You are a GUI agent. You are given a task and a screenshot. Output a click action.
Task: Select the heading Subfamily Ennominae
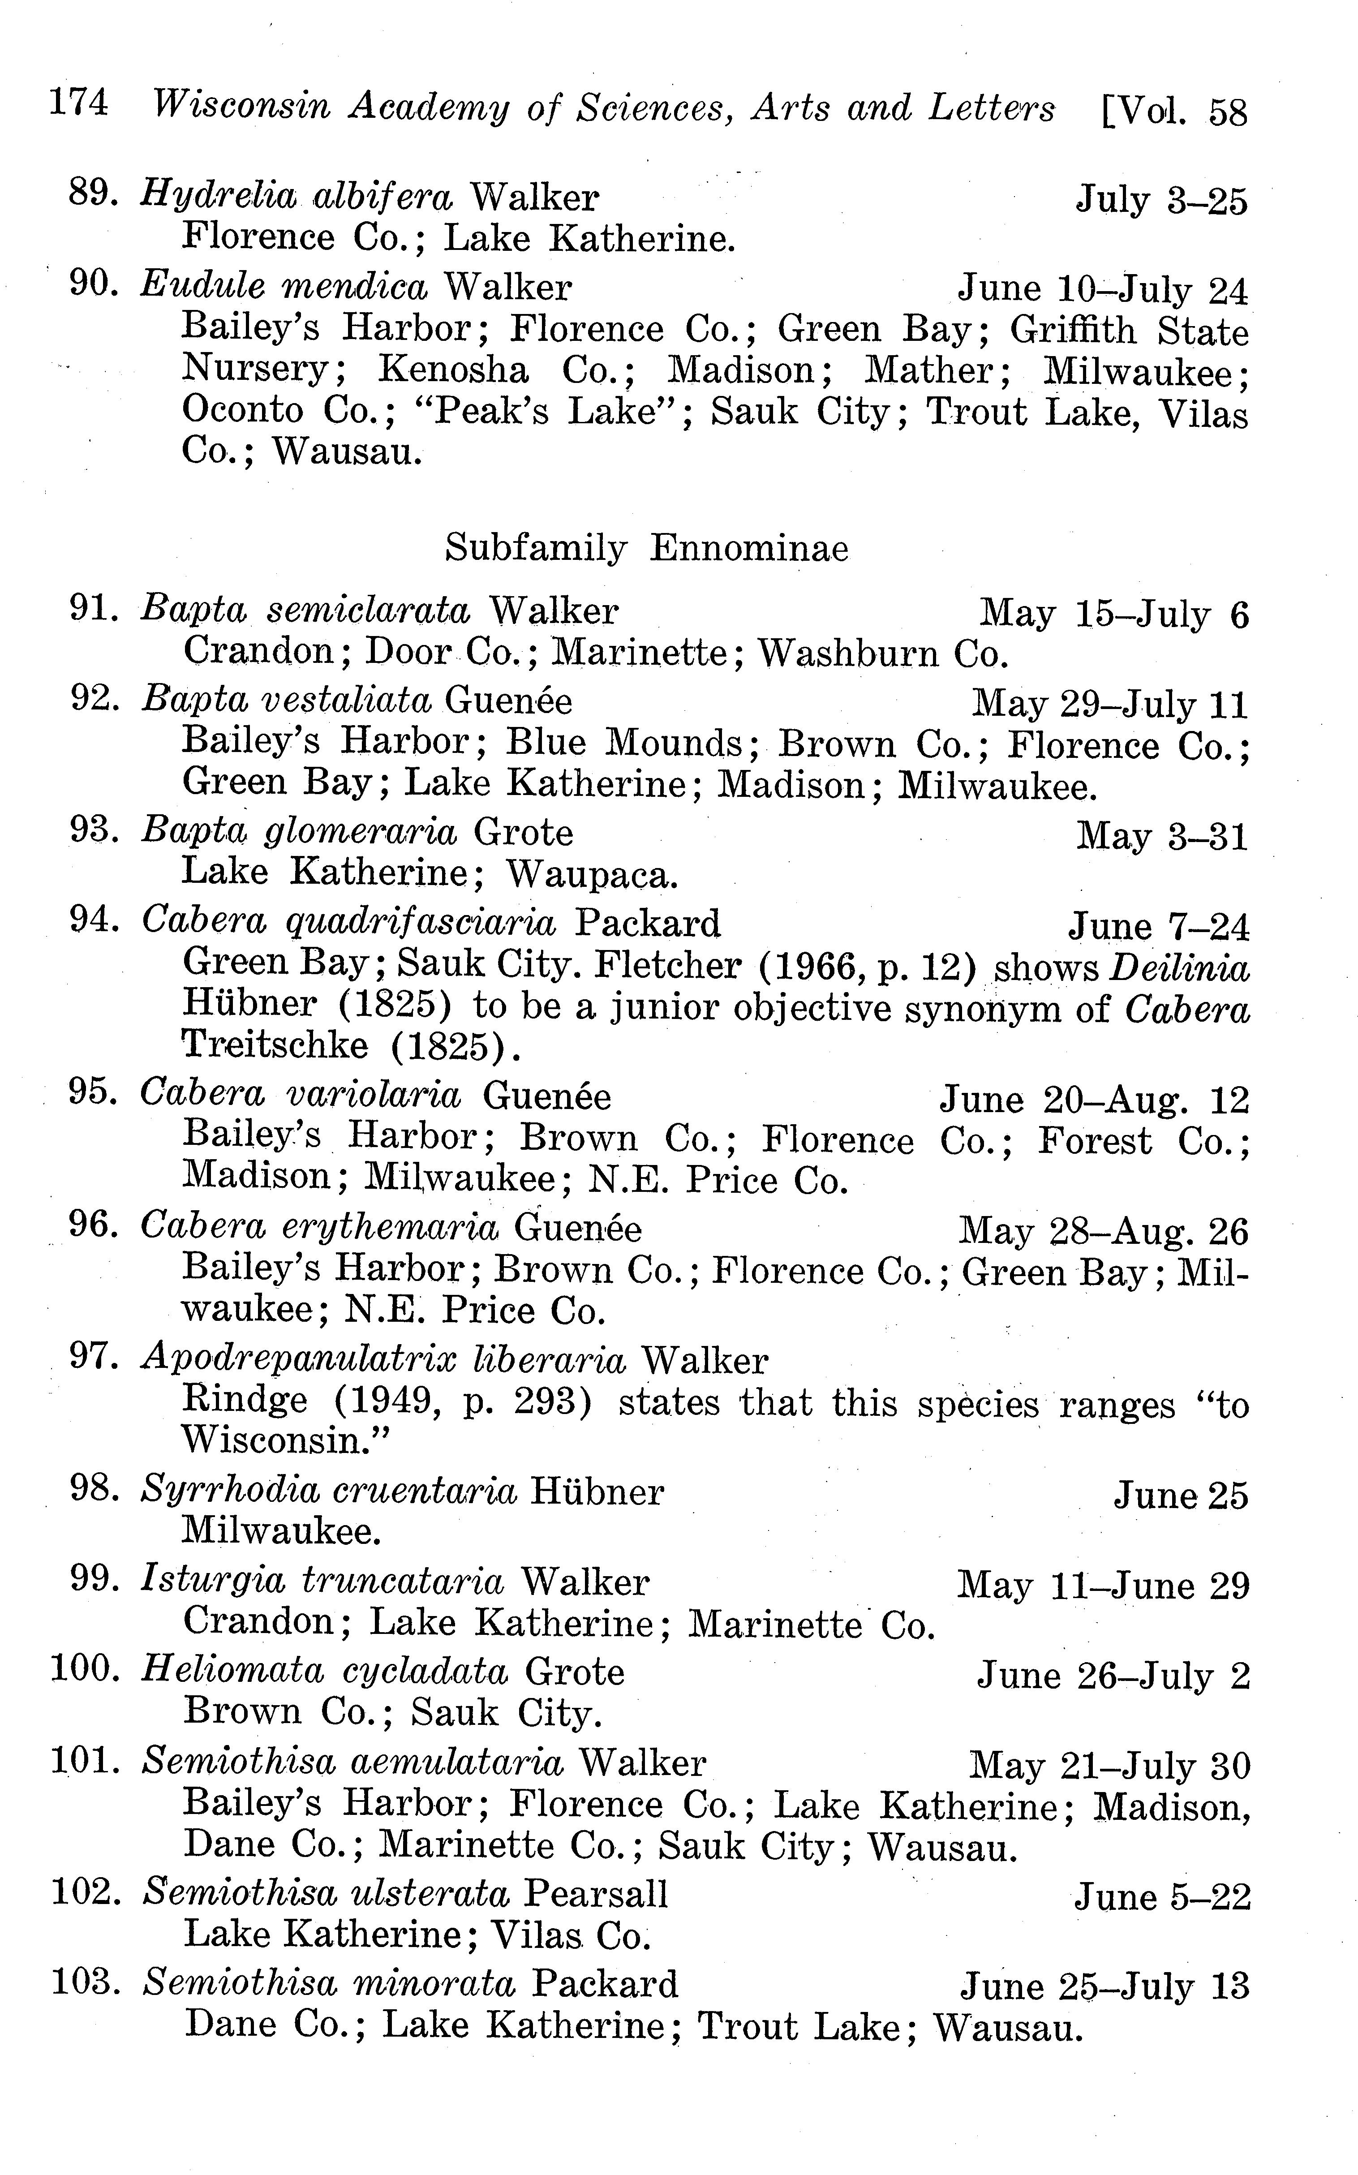click(x=647, y=548)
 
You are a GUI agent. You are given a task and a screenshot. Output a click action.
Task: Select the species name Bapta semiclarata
click(x=305, y=610)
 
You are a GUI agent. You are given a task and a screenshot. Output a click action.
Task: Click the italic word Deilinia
click(x=1179, y=968)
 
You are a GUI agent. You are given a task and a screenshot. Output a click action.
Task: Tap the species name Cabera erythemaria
click(x=319, y=1228)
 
